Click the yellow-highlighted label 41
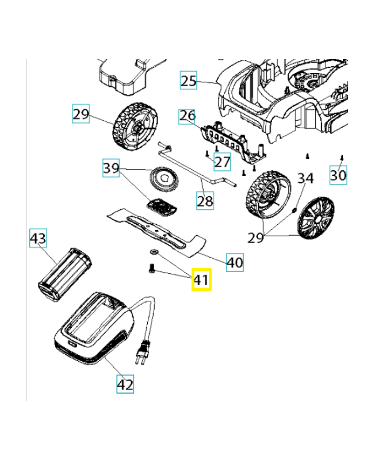click(x=201, y=280)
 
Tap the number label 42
click(x=125, y=384)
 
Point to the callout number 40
click(x=234, y=263)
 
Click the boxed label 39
click(x=111, y=168)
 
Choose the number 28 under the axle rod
click(x=205, y=201)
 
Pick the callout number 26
click(x=187, y=116)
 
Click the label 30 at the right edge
click(x=338, y=174)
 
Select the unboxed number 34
click(x=305, y=178)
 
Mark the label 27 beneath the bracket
click(x=222, y=162)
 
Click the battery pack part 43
click(x=64, y=271)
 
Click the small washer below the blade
click(x=154, y=252)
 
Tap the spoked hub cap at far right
click(x=315, y=217)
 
